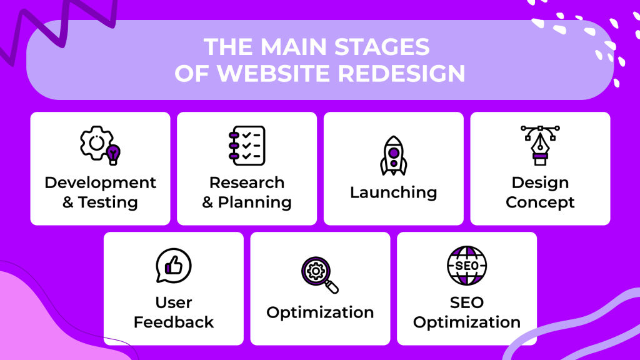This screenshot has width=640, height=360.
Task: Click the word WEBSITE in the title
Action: [272, 74]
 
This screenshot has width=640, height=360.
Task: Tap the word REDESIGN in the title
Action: [402, 74]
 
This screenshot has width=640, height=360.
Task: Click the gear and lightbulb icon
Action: [100, 146]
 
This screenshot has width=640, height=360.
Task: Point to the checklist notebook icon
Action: [246, 146]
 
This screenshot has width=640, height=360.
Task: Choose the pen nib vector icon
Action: [540, 145]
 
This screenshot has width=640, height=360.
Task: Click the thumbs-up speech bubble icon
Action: [173, 266]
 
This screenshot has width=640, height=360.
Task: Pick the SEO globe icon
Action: [466, 266]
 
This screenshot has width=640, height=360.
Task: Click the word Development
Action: [100, 182]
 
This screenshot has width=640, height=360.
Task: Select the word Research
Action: [246, 182]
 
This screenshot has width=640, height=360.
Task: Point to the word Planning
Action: [254, 202]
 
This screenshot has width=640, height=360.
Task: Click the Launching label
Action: [393, 192]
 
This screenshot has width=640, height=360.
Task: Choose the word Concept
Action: [540, 202]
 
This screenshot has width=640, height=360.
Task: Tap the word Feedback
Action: [173, 322]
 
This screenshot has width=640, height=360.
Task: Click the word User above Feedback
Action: [173, 302]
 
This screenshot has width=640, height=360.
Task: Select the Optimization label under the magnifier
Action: [319, 312]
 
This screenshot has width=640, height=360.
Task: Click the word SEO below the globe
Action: [466, 302]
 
